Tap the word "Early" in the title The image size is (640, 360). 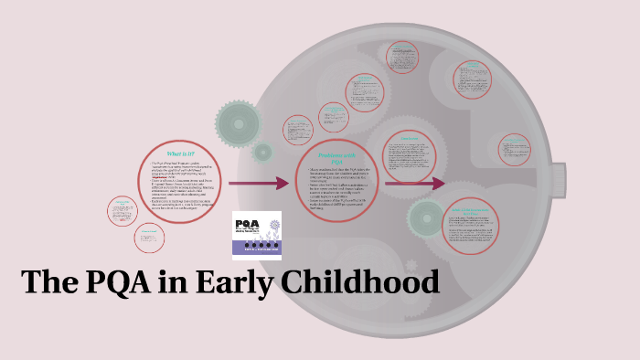point(231,281)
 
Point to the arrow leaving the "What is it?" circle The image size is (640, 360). point(259,184)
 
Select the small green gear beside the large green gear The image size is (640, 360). point(263,152)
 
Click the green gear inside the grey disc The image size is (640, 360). point(426,217)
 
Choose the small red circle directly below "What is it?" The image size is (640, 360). point(150,238)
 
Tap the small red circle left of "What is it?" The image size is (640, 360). point(122,211)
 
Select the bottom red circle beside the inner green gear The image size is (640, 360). point(483,225)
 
